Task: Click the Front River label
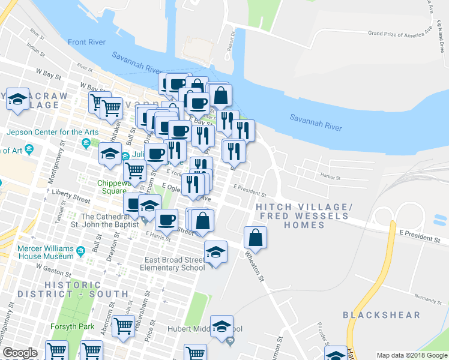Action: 87,42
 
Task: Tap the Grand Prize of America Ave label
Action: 400,31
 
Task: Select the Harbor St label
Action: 330,178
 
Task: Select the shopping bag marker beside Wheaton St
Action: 256,237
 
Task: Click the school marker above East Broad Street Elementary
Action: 215,251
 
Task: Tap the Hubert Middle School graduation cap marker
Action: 221,326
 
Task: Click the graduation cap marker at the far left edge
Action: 17,98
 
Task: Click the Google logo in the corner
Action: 20,353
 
